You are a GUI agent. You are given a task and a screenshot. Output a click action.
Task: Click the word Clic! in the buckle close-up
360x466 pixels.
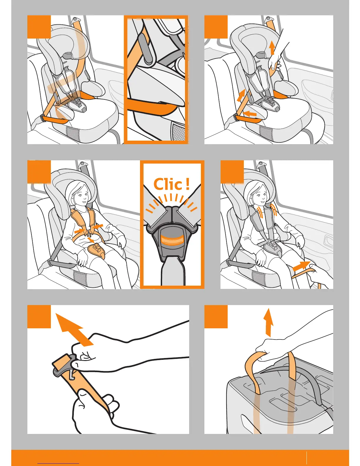(172, 184)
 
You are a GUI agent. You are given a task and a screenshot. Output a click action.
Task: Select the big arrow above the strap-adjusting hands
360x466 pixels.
(74, 329)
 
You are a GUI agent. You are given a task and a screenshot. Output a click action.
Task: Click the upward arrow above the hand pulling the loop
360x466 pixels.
(269, 322)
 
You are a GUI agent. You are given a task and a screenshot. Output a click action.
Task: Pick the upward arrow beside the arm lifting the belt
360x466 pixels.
(272, 48)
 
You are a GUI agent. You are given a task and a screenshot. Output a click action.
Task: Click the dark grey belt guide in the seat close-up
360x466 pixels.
(146, 48)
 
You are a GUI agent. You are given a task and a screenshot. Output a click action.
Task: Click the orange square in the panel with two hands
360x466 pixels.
(39, 317)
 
